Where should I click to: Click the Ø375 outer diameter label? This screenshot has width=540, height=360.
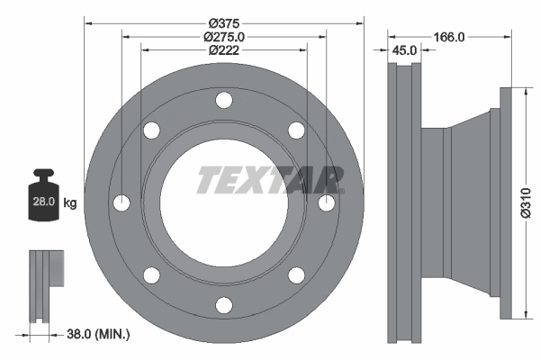pos(224,22)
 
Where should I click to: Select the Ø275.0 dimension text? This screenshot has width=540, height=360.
pos(224,37)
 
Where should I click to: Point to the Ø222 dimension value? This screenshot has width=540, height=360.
pos(224,51)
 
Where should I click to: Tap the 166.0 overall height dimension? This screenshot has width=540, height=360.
pos(447,37)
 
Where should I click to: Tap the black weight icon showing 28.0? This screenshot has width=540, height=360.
pos(43,195)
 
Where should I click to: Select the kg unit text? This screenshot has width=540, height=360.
pos(69,203)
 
